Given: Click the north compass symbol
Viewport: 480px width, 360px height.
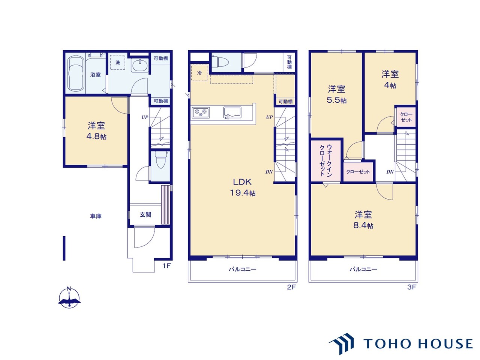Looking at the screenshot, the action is point(69,298).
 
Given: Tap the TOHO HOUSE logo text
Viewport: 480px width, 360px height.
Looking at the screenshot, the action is point(418,343).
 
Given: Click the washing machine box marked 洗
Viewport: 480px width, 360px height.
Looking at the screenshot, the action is point(118,62).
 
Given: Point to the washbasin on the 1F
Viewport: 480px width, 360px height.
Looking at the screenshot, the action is point(140,65).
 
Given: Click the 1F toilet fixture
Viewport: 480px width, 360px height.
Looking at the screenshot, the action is point(160,160).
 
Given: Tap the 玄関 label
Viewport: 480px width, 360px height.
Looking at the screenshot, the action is point(145,214).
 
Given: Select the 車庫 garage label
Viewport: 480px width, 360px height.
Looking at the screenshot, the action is point(96,216).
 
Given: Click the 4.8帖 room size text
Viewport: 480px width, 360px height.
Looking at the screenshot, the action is point(96,136).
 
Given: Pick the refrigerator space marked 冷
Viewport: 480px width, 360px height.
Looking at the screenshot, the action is point(199,73).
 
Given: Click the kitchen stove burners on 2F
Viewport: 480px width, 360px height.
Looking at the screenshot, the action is point(201,113).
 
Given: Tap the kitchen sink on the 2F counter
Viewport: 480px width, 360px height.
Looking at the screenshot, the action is point(232,113).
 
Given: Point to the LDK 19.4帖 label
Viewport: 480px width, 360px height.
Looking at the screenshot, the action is point(243,187).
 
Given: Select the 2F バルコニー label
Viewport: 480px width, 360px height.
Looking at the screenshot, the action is point(243,269).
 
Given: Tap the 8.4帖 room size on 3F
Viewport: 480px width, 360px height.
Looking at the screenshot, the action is point(363,225).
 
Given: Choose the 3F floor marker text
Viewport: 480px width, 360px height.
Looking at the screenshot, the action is point(411,287).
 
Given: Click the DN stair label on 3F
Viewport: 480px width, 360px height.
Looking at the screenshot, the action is point(390,172).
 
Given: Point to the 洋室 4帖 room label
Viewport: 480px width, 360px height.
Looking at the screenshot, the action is point(390,79).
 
